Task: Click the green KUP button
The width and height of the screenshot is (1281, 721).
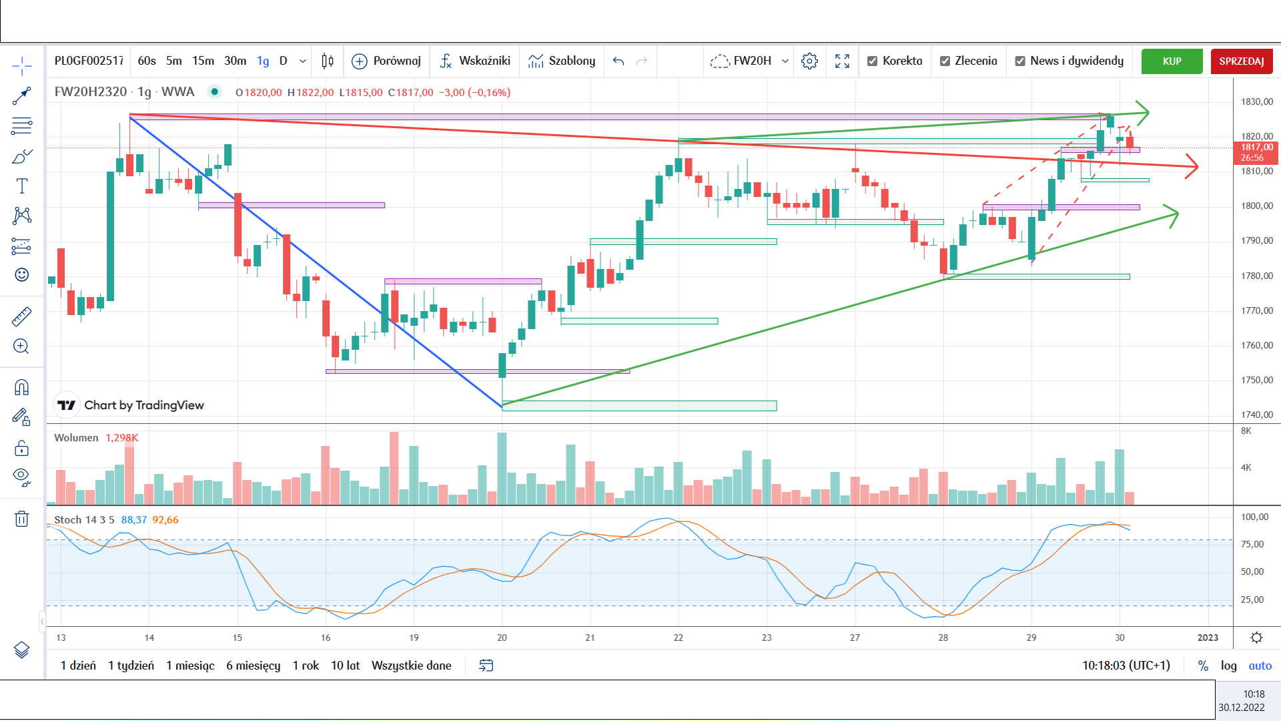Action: coord(1172,61)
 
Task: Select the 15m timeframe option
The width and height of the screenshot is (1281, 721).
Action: coord(203,61)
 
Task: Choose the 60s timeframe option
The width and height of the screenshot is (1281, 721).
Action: coord(147,61)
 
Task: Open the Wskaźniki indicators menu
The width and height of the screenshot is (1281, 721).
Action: coord(475,61)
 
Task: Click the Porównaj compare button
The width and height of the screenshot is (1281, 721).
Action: coord(386,61)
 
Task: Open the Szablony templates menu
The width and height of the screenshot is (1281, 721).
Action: coord(562,61)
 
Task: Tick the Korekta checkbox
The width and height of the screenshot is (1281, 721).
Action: coord(872,61)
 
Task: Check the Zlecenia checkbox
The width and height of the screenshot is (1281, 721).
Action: coord(945,61)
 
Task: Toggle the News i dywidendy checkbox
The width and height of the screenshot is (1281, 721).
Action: coord(1020,61)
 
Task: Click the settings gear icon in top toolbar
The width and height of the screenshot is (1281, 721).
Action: coord(809,61)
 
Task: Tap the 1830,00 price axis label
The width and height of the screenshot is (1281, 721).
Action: coord(1257,101)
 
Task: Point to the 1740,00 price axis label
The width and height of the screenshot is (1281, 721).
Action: coord(1257,415)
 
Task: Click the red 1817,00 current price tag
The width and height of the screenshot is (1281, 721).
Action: coord(1256,153)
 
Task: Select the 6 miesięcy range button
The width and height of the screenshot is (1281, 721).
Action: coord(253,666)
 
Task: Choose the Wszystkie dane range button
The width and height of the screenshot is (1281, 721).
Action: coord(411,666)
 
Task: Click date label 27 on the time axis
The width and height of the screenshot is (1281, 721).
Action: coord(855,638)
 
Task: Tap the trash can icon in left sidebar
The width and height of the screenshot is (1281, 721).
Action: coord(21,519)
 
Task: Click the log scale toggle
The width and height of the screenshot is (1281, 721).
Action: coord(1228,666)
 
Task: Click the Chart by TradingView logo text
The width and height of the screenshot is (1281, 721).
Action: coord(144,405)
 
